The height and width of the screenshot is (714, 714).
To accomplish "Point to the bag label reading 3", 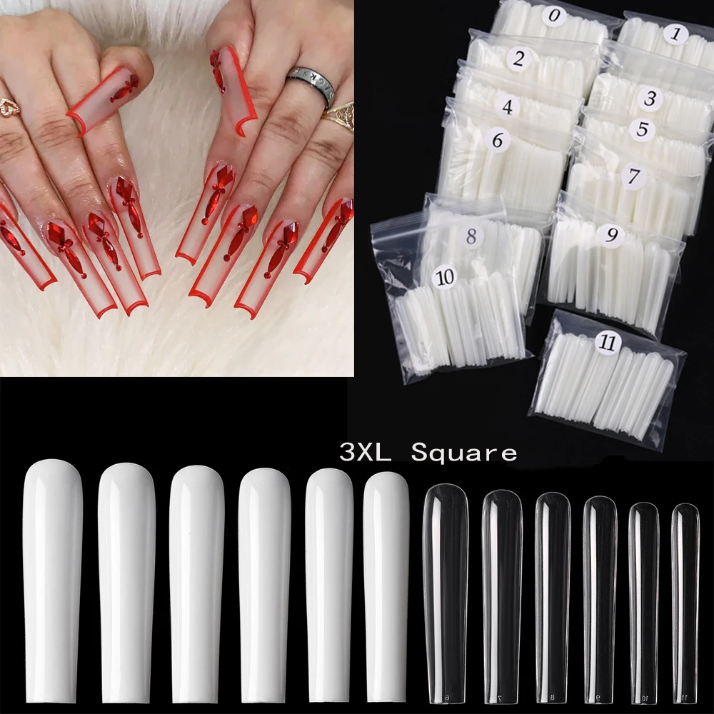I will point(649,99).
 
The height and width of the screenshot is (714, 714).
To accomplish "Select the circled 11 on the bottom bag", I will point(608,342).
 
